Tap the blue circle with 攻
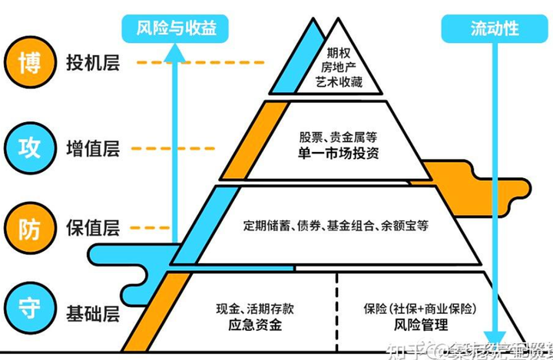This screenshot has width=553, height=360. click(x=23, y=145)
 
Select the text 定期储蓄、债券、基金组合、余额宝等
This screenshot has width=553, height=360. click(x=336, y=226)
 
